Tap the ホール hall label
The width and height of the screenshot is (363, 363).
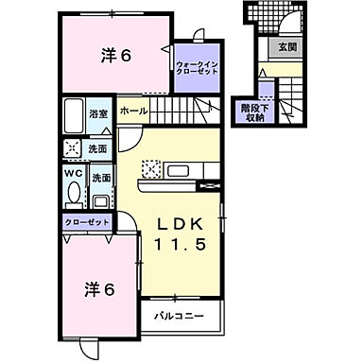coord(133,111)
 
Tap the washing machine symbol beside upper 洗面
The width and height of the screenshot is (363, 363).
coord(73,148)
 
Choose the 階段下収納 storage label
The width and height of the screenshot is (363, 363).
coord(252,112)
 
